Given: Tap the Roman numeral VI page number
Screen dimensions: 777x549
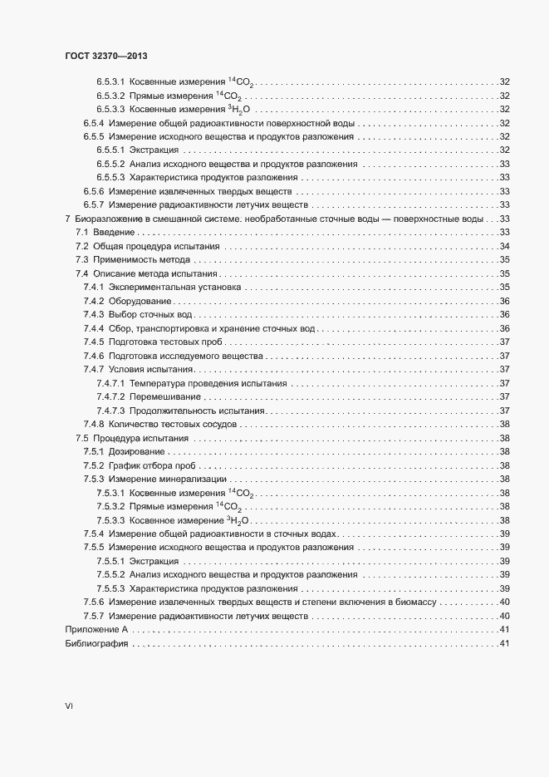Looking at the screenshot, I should pyautogui.click(x=69, y=706).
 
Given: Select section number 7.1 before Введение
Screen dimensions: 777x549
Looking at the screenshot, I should pyautogui.click(x=81, y=232).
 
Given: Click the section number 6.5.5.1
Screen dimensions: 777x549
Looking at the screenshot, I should pyautogui.click(x=110, y=150).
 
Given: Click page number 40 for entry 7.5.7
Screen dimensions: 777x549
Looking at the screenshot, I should pyautogui.click(x=503, y=616).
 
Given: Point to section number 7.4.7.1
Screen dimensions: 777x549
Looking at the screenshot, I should pyautogui.click(x=110, y=383).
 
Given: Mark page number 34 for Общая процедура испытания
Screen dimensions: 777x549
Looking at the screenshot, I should pyautogui.click(x=503, y=246).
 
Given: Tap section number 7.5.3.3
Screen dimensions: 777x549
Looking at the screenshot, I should pyautogui.click(x=110, y=520).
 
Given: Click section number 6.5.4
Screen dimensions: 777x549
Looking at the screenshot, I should pyautogui.click(x=93, y=122).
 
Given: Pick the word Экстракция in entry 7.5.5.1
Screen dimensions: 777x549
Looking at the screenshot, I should pyautogui.click(x=154, y=561).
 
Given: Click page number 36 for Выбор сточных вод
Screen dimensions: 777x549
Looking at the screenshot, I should pyautogui.click(x=503, y=314).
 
